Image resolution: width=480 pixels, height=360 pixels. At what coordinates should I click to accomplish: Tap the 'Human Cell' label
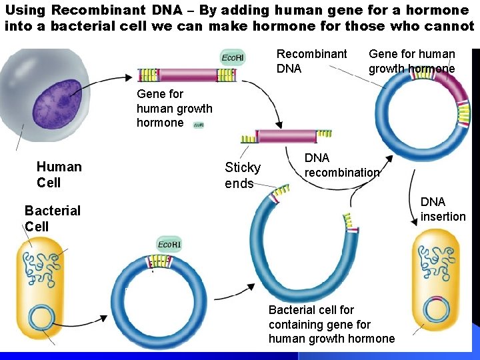coord(59,175)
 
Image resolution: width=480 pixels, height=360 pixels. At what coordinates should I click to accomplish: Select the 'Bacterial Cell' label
coord(52,218)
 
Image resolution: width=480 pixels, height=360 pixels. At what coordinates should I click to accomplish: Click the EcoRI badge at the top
coord(232,57)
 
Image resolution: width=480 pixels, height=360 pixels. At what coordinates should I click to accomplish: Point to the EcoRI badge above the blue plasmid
coord(168,244)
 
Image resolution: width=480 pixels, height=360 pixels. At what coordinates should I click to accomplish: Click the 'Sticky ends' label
coord(242,175)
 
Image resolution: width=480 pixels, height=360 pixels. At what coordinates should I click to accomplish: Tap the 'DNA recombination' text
coord(341,165)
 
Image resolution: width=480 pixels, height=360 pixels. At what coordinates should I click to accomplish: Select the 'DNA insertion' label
coord(443,209)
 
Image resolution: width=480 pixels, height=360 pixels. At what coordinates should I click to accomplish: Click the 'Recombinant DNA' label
coord(311,61)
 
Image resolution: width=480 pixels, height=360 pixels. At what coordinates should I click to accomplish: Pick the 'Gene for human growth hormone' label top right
coord(411,61)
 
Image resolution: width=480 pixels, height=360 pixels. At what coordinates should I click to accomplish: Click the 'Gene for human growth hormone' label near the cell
coord(174,108)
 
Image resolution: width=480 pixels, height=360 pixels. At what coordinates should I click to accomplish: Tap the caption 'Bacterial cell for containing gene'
coord(331,324)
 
